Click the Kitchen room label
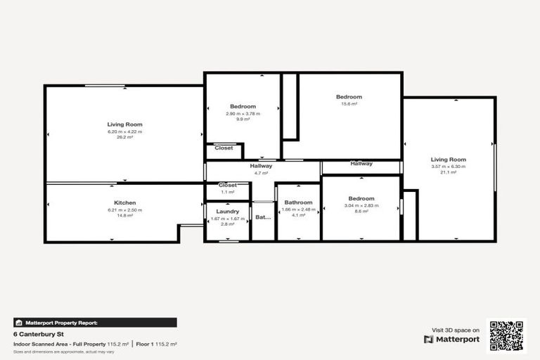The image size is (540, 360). (x=124, y=203)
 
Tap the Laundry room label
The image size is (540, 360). (x=228, y=211)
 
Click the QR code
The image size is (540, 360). (x=507, y=335)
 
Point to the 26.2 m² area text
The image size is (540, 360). (x=124, y=137)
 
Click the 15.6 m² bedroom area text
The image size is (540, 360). (x=349, y=103)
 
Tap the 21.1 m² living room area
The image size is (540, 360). (x=449, y=172)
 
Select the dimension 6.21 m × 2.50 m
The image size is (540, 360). (x=124, y=210)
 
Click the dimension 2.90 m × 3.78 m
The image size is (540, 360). (x=243, y=114)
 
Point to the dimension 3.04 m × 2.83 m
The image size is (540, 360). (x=361, y=205)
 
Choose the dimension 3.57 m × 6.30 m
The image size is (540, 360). (x=449, y=167)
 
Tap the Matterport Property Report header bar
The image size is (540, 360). (x=95, y=322)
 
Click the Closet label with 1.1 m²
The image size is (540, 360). (x=228, y=185)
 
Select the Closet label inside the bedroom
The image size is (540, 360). (x=224, y=148)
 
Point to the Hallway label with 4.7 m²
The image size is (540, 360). (x=261, y=166)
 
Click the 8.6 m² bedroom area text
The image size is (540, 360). (x=361, y=211)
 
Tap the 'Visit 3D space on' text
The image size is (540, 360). (x=456, y=330)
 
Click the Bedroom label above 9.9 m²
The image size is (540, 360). (x=243, y=106)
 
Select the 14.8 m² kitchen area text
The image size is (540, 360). (x=124, y=215)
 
